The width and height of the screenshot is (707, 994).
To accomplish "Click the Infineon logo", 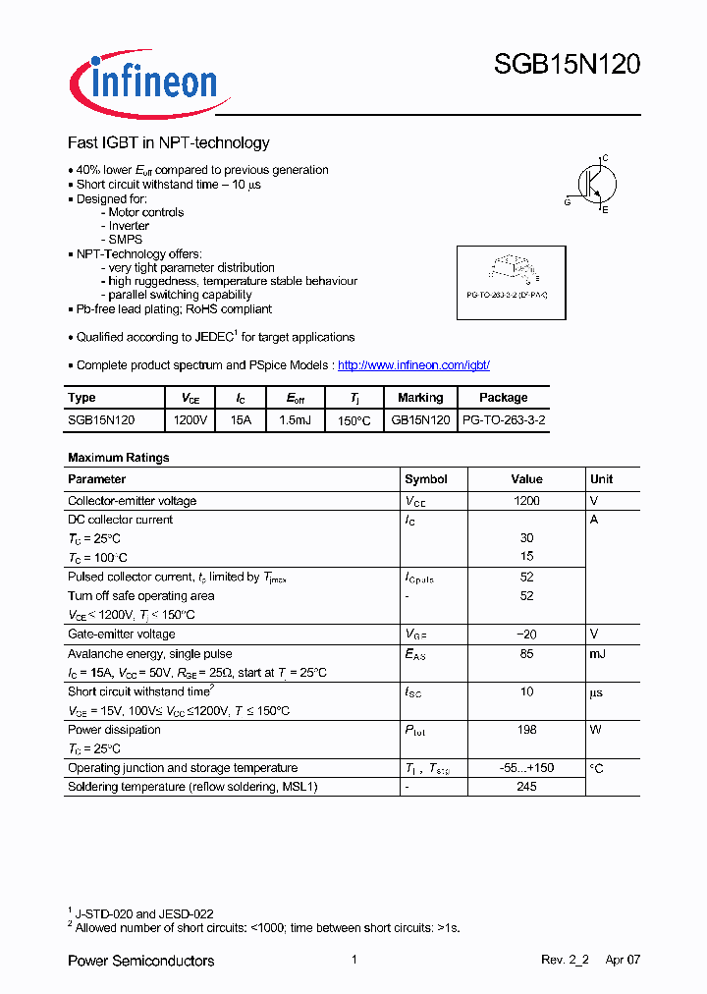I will [x=148, y=83].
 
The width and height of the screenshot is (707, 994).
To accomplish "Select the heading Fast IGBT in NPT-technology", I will [x=168, y=142].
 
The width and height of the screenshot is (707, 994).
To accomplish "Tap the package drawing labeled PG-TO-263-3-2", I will [x=511, y=281].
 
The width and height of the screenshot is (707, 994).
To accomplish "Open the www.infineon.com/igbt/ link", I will [x=413, y=365].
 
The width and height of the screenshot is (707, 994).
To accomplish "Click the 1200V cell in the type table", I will [x=190, y=419].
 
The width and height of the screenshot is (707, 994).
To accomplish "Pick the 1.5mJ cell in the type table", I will [x=294, y=419].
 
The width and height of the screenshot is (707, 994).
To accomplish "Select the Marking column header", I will [x=420, y=398].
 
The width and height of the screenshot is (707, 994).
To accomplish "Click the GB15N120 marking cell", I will [x=420, y=419].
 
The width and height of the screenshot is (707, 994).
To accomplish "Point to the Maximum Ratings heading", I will [x=118, y=458].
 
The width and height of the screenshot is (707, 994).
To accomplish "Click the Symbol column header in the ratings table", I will [x=426, y=479].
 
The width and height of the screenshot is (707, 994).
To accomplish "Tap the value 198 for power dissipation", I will [x=526, y=730].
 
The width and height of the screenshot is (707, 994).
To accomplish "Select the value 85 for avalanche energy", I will [x=526, y=653].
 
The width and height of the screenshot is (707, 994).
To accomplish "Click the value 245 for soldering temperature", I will [x=526, y=787].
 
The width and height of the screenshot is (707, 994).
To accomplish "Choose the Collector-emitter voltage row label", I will [x=132, y=501].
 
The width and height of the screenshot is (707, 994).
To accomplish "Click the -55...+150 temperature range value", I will [x=526, y=768].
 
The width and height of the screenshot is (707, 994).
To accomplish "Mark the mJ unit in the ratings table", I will [x=598, y=653].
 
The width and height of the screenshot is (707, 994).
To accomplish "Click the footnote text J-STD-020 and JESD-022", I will [x=144, y=913].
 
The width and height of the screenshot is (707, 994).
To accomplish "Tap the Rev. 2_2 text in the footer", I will [x=564, y=961].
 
